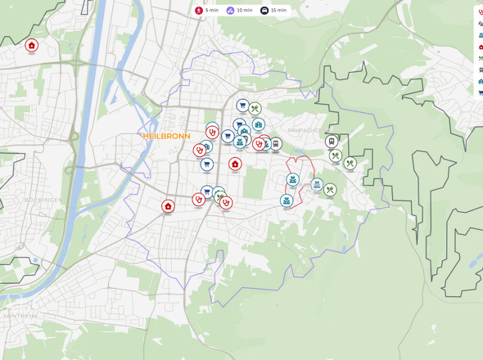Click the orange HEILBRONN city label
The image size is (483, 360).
[166, 136]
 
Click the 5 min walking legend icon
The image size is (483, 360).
[199, 10]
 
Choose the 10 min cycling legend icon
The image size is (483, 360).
[231, 10]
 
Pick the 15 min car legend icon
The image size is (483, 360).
[264, 10]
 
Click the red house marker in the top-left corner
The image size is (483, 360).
[31, 46]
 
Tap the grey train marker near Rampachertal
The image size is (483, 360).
[332, 142]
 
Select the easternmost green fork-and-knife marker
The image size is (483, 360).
[350, 163]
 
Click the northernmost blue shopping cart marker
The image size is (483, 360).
[242, 106]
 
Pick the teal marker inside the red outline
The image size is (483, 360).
[292, 179]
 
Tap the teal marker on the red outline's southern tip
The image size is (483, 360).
[287, 200]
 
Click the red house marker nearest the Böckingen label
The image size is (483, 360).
[168, 206]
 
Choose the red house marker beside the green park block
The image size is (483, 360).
[236, 164]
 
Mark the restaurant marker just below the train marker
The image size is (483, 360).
[335, 155]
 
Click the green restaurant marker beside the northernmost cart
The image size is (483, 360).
[255, 108]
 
